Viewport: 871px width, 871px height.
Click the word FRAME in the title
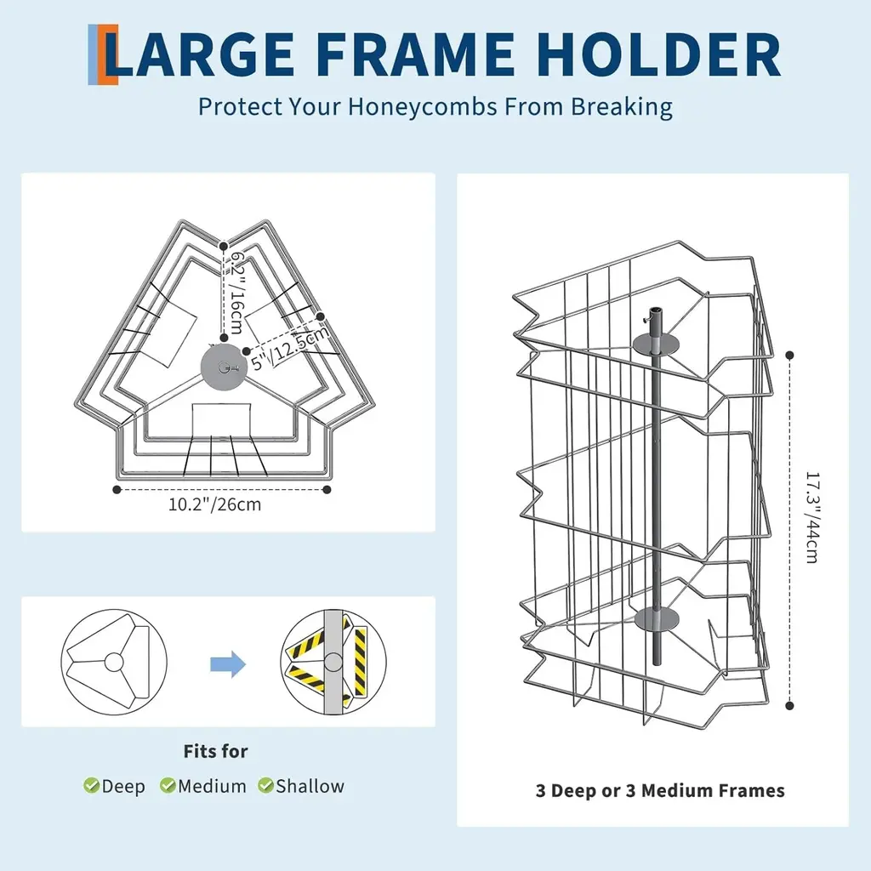point(417,54)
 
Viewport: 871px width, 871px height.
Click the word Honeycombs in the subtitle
point(422,106)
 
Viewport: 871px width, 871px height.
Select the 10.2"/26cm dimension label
point(214,504)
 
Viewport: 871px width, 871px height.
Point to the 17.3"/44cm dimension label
point(812,518)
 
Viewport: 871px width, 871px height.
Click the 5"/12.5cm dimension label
point(290,348)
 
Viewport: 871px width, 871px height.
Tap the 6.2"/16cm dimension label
point(237,293)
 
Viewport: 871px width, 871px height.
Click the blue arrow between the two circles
point(228,663)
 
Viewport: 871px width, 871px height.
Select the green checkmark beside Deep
point(91,785)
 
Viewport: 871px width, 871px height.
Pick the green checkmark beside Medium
point(168,785)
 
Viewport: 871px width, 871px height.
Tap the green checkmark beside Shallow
point(265,785)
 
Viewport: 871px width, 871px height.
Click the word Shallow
point(310,786)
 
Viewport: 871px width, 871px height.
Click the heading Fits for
point(215,751)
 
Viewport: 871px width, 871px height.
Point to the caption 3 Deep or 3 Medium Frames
point(660,790)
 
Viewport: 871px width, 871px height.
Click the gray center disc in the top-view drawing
point(224,367)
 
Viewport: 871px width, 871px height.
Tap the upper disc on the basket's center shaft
point(656,344)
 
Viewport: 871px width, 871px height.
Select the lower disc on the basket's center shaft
point(656,619)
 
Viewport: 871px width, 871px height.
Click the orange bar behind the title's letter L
point(110,54)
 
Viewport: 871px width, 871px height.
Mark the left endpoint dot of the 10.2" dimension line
point(117,489)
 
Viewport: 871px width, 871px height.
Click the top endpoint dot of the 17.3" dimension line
point(790,355)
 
